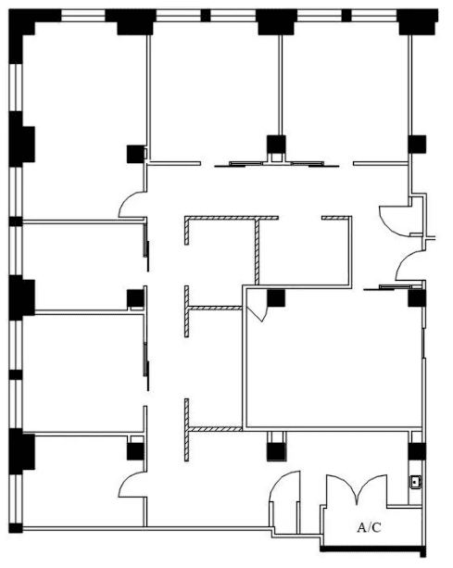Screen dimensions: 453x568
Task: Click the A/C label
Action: [x=369, y=527]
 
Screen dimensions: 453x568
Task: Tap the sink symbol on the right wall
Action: [x=415, y=482]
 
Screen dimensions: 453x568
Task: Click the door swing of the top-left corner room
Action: [x=132, y=205]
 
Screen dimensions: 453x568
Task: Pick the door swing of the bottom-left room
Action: [x=132, y=485]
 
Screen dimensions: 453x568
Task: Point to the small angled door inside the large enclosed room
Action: [x=257, y=310]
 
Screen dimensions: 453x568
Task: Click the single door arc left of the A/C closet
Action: [x=284, y=486]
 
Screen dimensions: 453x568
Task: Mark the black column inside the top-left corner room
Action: [x=135, y=154]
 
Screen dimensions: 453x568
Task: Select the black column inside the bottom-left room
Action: [x=135, y=452]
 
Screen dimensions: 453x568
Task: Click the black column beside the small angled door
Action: [x=276, y=298]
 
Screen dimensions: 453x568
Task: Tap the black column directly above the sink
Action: [x=417, y=451]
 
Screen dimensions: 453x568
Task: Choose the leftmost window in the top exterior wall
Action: [x=83, y=15]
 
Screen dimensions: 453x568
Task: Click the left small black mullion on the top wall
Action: [x=206, y=16]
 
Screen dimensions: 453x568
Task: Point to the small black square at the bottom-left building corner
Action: [x=16, y=528]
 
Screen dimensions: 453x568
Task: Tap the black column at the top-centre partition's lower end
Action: [x=276, y=145]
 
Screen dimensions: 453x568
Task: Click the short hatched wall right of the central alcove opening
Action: [x=336, y=218]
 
